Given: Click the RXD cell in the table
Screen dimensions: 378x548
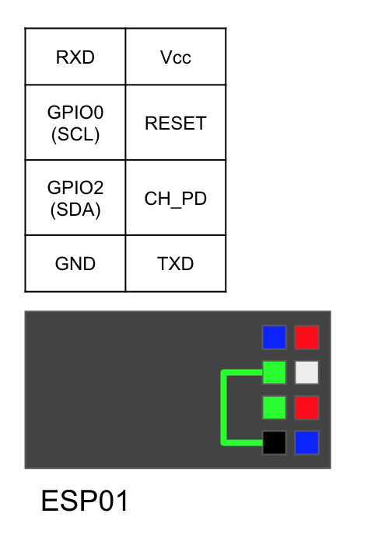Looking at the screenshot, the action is [75, 57].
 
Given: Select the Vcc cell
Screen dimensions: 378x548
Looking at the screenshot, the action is [176, 57].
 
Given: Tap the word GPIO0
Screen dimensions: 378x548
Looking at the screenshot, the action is [75, 113].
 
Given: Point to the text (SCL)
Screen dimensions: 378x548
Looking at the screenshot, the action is [75, 134].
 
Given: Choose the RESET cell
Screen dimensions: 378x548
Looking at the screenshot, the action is [176, 123].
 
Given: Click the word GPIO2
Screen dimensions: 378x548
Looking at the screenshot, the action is [75, 188].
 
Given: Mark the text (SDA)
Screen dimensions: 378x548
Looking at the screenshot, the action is [75, 210].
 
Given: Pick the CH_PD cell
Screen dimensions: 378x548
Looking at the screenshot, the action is [176, 197].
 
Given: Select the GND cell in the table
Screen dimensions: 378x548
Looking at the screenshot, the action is [75, 263].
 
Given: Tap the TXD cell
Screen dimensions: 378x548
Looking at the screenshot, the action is [176, 263].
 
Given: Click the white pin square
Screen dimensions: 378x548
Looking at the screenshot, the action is [307, 373].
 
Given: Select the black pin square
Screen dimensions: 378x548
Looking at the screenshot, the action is [275, 442].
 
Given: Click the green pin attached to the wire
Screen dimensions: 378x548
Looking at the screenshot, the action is [275, 373].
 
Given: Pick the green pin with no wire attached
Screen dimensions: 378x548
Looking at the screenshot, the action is [275, 408].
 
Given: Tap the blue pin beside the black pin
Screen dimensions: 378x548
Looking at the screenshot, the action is [307, 442].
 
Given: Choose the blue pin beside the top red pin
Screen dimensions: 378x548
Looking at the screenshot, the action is [275, 337].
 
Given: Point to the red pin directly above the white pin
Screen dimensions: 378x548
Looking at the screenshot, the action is [307, 337].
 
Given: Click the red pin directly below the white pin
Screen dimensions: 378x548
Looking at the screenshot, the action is [307, 408].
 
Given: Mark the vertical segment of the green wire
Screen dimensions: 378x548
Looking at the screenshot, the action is [224, 408].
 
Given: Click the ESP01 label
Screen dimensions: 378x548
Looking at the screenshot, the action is [85, 501].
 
